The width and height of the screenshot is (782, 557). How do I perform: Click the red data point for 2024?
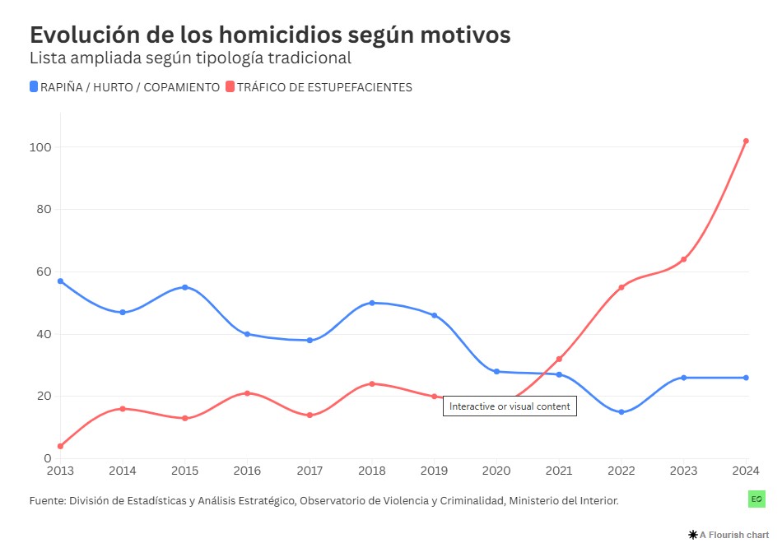746,141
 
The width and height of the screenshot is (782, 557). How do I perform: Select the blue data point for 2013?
60,281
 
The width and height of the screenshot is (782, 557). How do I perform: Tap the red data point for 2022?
621,287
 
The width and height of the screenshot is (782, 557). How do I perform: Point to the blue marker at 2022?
621,412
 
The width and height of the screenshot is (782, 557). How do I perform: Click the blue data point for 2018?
372,303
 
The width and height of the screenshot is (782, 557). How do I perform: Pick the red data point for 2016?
247,393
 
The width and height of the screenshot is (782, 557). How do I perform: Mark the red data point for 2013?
60,446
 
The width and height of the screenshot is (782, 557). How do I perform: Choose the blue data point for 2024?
746,378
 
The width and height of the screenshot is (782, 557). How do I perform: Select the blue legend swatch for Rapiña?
34,86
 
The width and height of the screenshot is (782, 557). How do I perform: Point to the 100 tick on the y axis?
41,147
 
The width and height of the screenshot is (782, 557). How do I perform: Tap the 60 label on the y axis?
44,272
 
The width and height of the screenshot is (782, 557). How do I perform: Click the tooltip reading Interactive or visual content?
510,406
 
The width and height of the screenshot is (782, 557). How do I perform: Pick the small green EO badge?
756,499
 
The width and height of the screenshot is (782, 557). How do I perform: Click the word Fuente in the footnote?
47,499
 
